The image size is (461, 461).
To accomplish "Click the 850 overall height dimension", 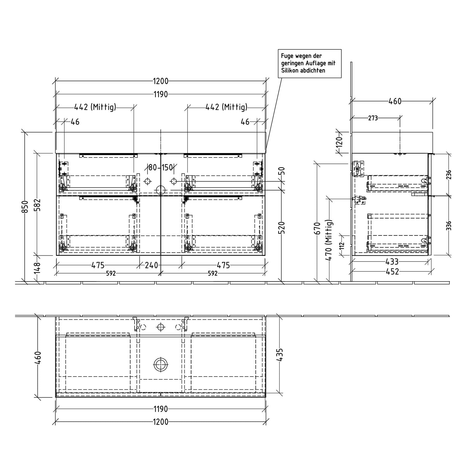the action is coord(25,206).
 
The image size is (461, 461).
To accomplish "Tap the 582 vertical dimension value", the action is coord(37,205).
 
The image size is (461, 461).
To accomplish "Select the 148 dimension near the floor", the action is coord(37,268).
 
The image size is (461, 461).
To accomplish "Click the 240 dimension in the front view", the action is coord(152,265).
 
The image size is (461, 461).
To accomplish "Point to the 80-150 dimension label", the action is coord(160,168).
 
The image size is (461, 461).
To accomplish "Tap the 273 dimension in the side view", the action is coord(373,118).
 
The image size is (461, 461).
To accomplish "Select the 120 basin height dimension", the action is coord(339,142).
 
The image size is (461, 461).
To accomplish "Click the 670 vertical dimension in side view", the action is coord(318,228).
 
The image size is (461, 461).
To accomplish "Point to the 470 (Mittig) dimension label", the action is coord(329,240).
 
